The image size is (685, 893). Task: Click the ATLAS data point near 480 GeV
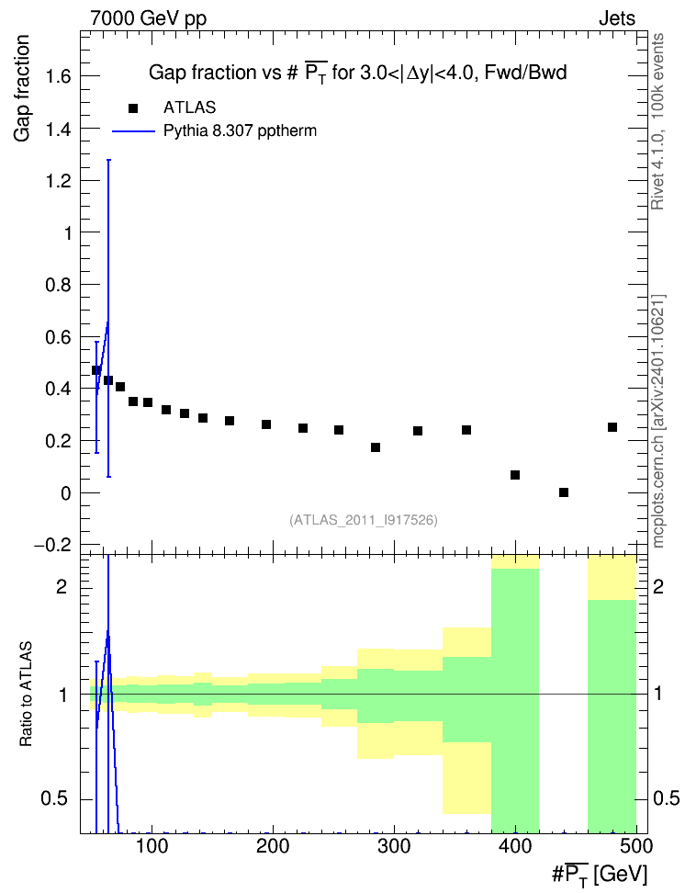[612, 427]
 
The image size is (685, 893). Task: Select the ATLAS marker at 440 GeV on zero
[564, 492]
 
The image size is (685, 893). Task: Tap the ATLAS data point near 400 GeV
[515, 475]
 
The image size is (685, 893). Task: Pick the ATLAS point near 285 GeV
[376, 447]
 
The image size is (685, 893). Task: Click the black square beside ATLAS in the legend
[133, 108]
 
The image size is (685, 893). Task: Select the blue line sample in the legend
[133, 131]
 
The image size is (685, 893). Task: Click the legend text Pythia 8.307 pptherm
[240, 131]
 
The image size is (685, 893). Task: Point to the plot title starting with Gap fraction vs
[357, 73]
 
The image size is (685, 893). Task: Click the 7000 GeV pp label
[148, 18]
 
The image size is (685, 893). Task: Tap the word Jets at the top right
[617, 18]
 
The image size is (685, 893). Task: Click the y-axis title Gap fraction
[22, 88]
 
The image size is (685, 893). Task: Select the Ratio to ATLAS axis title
[26, 694]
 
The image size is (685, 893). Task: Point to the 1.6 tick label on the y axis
[58, 76]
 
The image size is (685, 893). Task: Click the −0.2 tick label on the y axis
[53, 545]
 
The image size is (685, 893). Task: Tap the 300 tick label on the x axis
[394, 846]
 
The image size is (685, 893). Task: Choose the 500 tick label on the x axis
[634, 846]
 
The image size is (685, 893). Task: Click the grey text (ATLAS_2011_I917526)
[364, 520]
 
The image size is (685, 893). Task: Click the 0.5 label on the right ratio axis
[666, 798]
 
